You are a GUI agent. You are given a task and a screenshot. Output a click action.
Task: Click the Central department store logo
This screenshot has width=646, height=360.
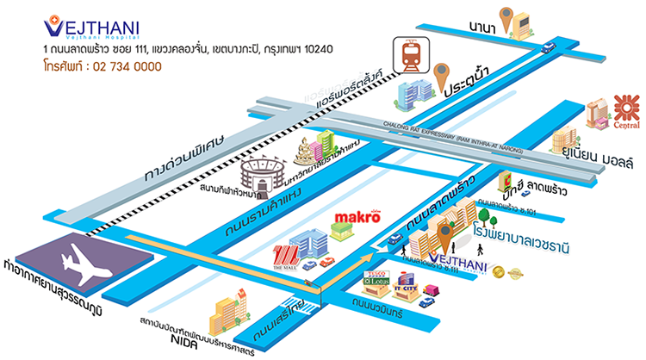pos(621,115)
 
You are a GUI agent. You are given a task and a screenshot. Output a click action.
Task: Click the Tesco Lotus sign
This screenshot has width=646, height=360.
pos(378,280)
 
